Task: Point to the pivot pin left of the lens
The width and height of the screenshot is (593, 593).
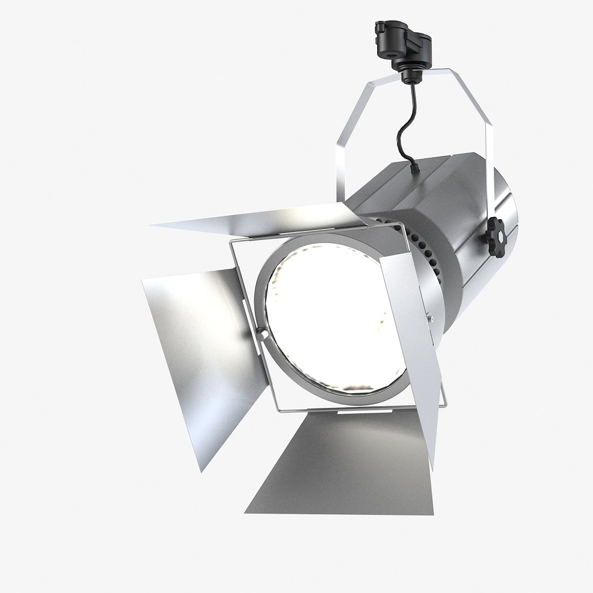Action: [263, 334]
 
